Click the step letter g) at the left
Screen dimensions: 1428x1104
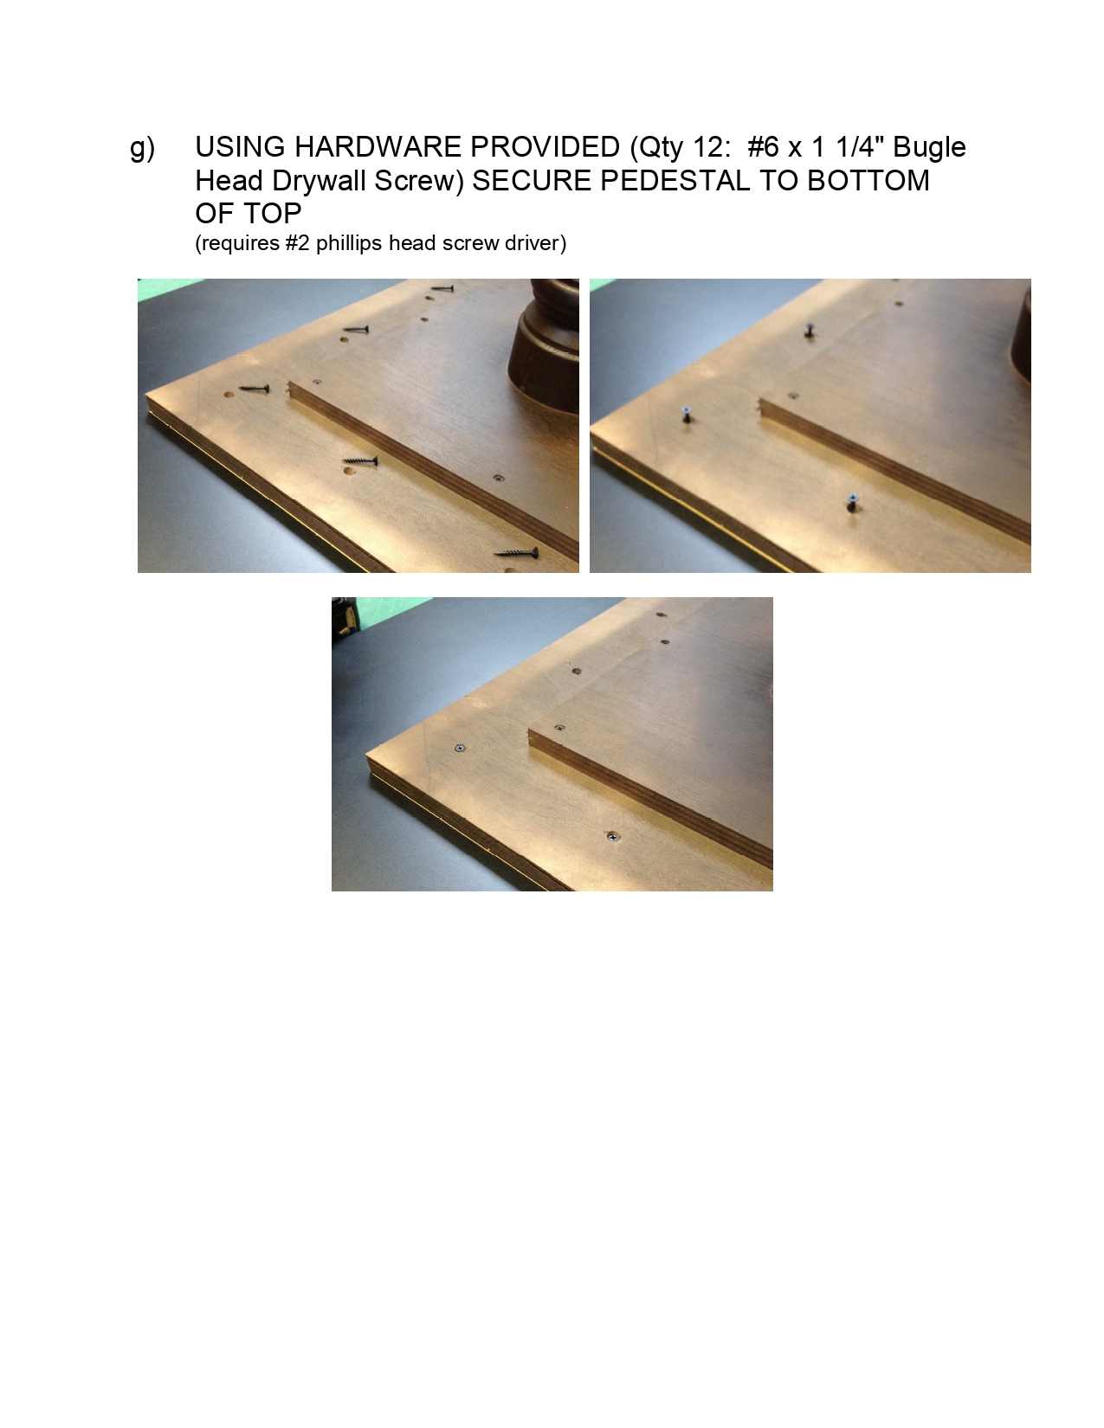[x=142, y=148]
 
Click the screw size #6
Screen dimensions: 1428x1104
[x=763, y=147]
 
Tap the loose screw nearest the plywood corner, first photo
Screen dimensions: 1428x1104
[x=254, y=389]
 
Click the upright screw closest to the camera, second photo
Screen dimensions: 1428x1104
[x=852, y=501]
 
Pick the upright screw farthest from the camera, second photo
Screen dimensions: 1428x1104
[x=810, y=330]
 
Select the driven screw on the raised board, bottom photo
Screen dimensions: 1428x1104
[x=559, y=729]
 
